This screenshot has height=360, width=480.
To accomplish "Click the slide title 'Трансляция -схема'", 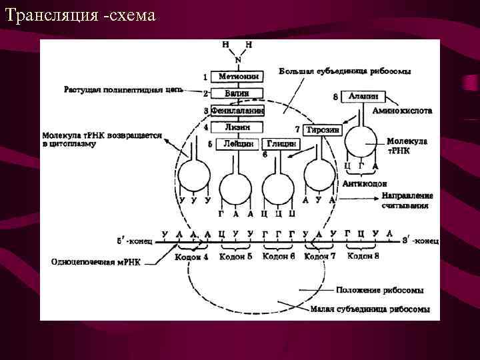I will point(79,14).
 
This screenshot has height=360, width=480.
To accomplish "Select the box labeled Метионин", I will point(238,77).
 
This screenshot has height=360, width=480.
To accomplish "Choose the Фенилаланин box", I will point(238,110).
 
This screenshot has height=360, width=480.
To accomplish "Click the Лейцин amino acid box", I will point(238,143).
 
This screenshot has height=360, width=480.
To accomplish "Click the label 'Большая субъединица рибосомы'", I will point(345,71).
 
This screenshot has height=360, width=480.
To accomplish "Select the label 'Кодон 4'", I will point(192,257).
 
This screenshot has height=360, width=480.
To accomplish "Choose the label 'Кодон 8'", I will point(364,257).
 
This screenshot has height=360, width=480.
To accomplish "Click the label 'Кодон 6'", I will point(279,257).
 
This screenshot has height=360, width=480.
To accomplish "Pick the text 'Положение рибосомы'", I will point(379,291).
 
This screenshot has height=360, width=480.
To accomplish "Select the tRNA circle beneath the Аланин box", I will point(362,142).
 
